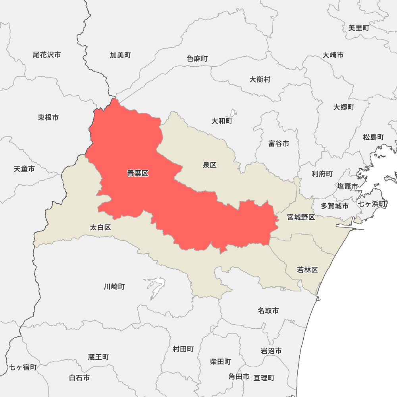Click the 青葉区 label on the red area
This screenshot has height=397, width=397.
[138, 173]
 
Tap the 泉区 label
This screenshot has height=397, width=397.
[210, 165]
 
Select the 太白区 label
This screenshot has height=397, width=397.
[100, 227]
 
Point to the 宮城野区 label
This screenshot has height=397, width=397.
[301, 217]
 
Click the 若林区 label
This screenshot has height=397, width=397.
[308, 270]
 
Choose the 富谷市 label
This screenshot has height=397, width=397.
[279, 144]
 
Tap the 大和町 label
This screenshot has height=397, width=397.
[222, 121]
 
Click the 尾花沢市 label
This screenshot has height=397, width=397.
[47, 55]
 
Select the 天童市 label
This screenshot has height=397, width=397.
[24, 169]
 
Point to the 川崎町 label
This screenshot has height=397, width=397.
[114, 286]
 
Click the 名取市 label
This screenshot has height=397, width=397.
[268, 310]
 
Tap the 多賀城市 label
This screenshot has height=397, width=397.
[335, 206]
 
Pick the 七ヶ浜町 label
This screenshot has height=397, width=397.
[372, 204]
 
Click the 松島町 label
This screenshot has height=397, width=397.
[373, 137]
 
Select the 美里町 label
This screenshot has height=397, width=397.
[358, 28]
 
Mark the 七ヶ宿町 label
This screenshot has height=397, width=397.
[23, 367]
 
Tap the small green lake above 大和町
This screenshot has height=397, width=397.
[233, 113]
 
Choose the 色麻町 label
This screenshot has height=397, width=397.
[197, 58]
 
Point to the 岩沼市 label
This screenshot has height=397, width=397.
[271, 351]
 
